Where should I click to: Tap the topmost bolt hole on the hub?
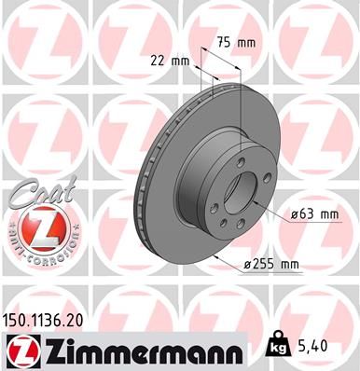click(240, 163)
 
